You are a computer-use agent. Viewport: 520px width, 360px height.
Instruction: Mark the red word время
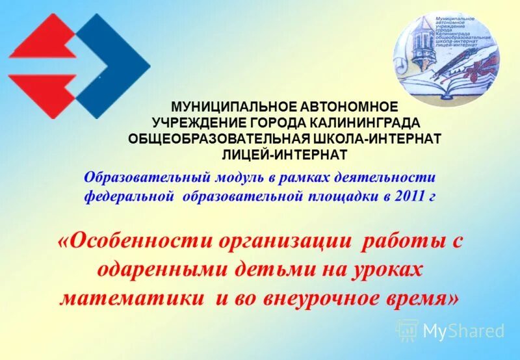point(418,298)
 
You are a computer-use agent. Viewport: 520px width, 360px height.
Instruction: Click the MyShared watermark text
point(463,331)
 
